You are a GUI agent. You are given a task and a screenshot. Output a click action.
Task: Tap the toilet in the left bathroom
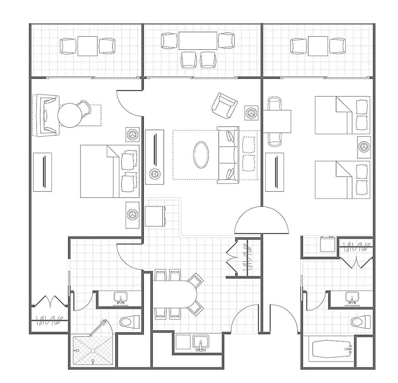point(130,321)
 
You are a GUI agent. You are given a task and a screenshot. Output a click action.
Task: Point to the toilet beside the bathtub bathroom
point(361,321)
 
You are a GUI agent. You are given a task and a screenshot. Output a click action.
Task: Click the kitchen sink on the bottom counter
point(201,342)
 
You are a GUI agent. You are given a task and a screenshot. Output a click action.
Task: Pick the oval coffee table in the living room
point(201,155)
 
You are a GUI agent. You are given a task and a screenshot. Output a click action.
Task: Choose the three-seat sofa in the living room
point(228,155)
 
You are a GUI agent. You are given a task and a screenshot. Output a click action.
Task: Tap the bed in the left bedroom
point(109,171)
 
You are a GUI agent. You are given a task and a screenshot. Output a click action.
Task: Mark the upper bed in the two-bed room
point(342,115)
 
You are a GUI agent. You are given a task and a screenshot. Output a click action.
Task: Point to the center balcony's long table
point(198,41)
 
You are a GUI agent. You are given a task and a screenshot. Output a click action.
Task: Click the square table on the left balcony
point(88,46)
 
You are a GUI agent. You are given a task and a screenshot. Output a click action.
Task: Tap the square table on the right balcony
point(318,46)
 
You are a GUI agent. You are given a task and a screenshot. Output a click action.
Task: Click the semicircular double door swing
point(261,221)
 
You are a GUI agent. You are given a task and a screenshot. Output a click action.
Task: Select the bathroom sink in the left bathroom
point(120,297)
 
